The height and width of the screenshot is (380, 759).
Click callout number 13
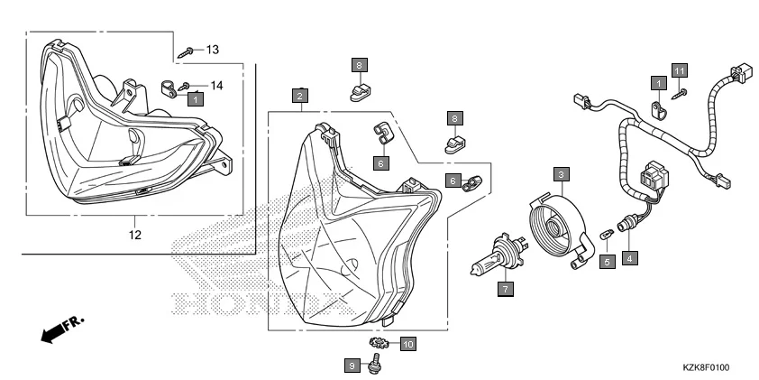click(x=213, y=49)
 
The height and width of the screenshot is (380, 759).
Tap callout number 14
click(x=216, y=86)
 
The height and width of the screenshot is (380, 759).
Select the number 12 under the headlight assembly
click(x=134, y=236)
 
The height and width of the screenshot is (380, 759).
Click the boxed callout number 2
click(x=300, y=95)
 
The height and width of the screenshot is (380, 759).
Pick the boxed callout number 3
click(x=560, y=173)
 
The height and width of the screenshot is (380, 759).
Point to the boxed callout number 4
click(x=629, y=258)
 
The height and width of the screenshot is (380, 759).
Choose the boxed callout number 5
click(x=607, y=261)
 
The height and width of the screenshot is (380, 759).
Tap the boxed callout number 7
click(x=506, y=289)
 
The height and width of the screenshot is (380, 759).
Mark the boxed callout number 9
click(x=352, y=366)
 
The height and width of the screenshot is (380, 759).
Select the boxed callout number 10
click(x=407, y=344)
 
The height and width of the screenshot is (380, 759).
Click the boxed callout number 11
click(x=680, y=70)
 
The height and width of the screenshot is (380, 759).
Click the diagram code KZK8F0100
click(x=705, y=369)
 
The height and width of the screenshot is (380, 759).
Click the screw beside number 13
click(x=188, y=51)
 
